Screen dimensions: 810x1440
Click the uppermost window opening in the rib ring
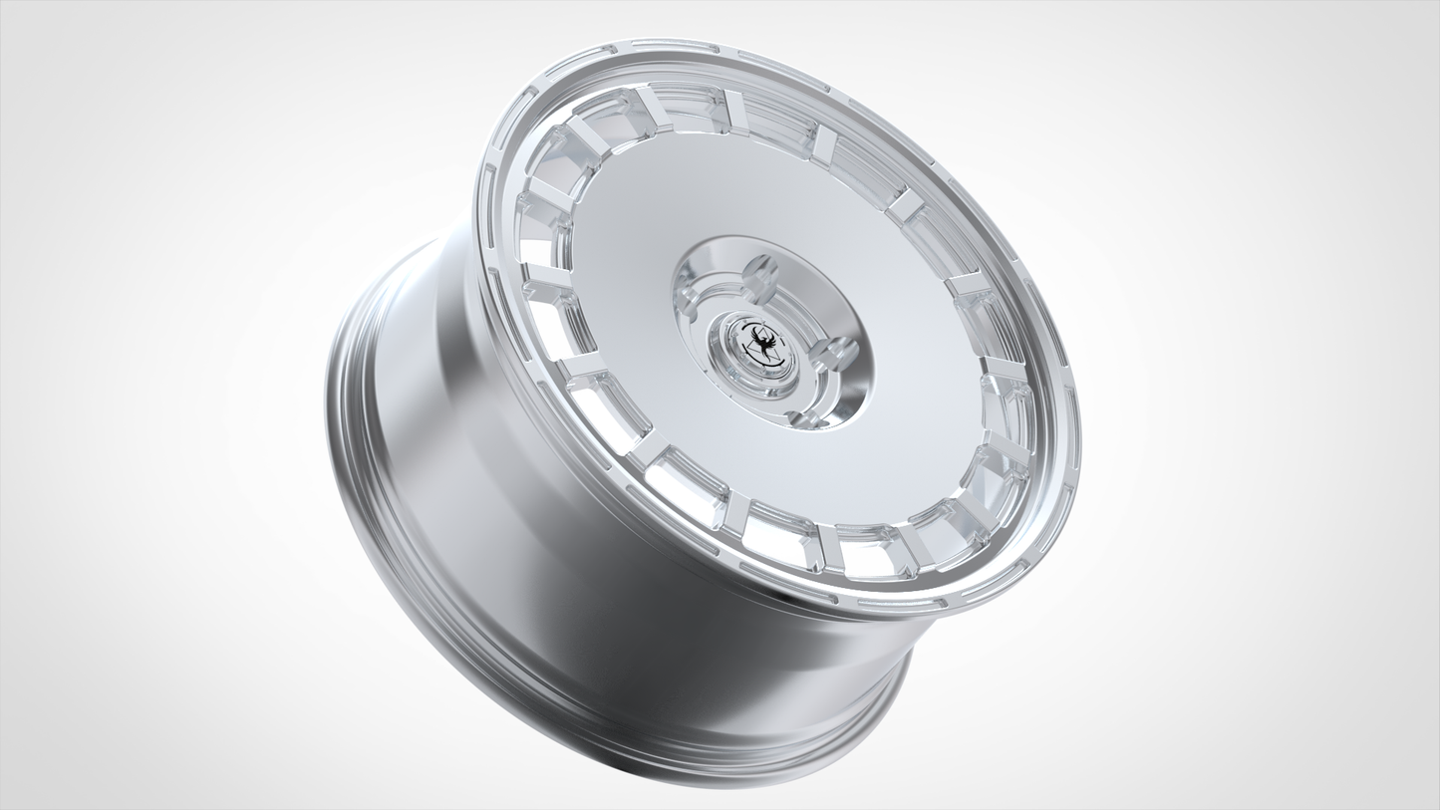pyautogui.click(x=687, y=107)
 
